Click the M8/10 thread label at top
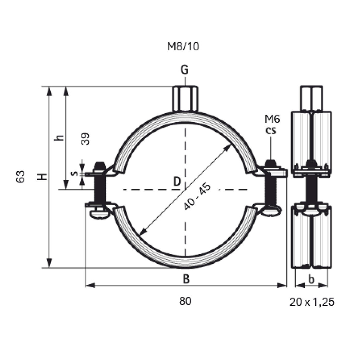point(183,46)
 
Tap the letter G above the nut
point(184,70)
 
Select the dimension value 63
point(20,176)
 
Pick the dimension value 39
point(85,139)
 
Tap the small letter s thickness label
point(75,174)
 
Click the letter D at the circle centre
point(177,181)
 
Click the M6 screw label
point(272,119)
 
